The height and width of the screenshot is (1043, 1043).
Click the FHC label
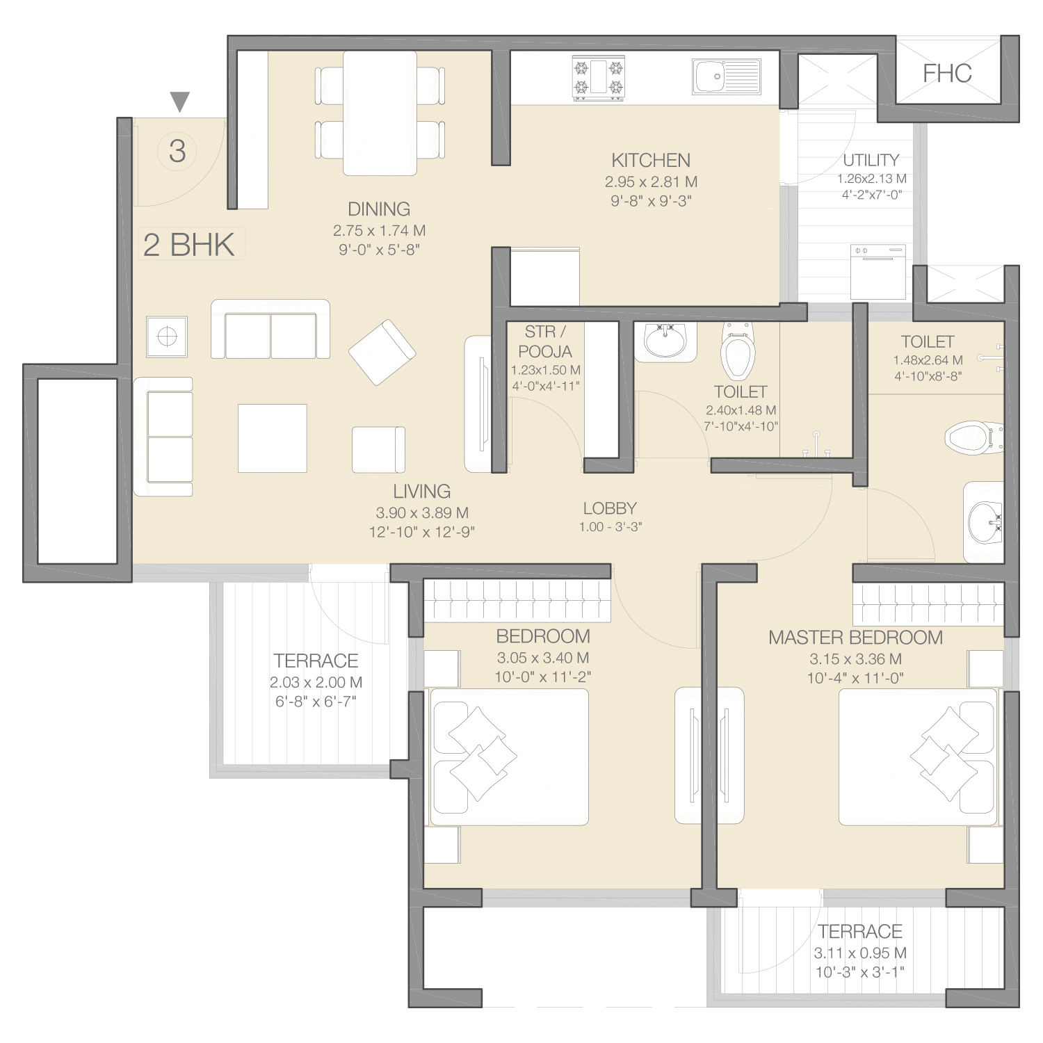click(947, 73)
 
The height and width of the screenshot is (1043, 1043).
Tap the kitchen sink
click(727, 76)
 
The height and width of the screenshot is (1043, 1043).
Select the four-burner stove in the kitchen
click(598, 78)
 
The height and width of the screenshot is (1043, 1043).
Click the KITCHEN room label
click(651, 161)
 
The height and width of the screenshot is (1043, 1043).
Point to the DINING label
click(379, 209)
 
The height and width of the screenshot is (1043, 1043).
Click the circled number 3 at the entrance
click(177, 151)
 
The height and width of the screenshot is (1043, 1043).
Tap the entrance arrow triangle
click(180, 102)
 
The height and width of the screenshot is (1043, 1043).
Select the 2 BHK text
click(189, 245)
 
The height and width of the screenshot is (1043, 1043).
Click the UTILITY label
click(871, 160)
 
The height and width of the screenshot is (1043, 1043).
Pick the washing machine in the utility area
click(878, 271)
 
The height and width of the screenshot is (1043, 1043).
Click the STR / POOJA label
click(545, 341)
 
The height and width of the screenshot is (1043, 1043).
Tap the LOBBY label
click(610, 508)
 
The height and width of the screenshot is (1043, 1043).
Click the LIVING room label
click(421, 492)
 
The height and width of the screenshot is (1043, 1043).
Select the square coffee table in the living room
click(273, 438)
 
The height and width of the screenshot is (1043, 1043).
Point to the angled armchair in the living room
click(382, 353)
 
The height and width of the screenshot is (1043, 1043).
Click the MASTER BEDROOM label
click(855, 638)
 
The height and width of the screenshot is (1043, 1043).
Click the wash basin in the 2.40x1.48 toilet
click(665, 341)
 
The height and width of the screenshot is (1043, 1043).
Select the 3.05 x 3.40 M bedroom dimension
click(543, 658)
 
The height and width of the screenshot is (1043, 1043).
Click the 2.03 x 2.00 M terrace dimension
click(316, 683)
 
